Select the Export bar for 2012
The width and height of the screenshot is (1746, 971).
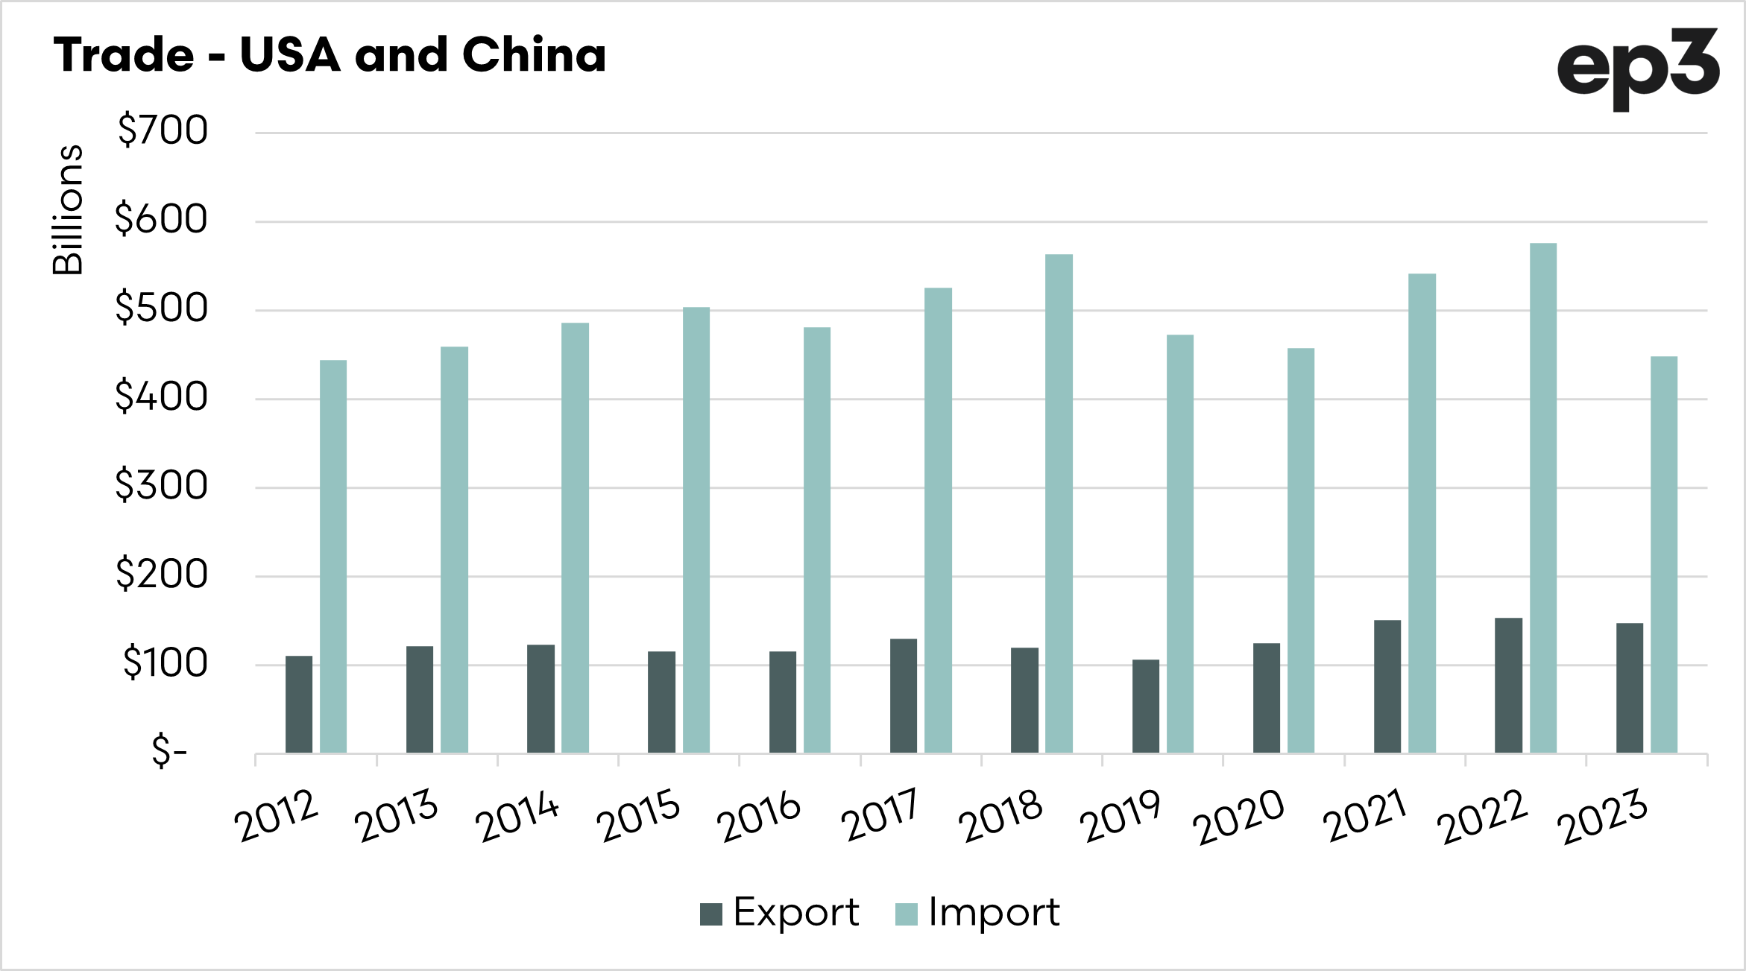click(x=299, y=704)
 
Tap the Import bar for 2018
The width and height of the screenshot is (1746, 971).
click(x=1059, y=504)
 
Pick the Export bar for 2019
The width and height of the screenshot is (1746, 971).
click(x=1146, y=706)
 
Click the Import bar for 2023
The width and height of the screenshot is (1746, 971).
click(x=1664, y=554)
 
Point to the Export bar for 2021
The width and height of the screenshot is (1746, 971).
click(x=1387, y=686)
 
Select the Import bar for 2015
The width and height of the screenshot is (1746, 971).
click(x=696, y=530)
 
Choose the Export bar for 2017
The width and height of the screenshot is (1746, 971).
click(x=904, y=696)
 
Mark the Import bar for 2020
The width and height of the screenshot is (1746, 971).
click(x=1301, y=551)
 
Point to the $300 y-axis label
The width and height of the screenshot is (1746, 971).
click(x=161, y=486)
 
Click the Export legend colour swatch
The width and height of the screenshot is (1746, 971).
click(x=711, y=914)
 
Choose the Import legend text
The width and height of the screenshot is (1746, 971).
click(x=994, y=913)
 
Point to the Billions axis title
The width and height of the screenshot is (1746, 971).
click(x=68, y=210)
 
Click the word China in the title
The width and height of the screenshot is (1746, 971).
click(x=534, y=55)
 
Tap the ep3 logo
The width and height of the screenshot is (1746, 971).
click(x=1637, y=69)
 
